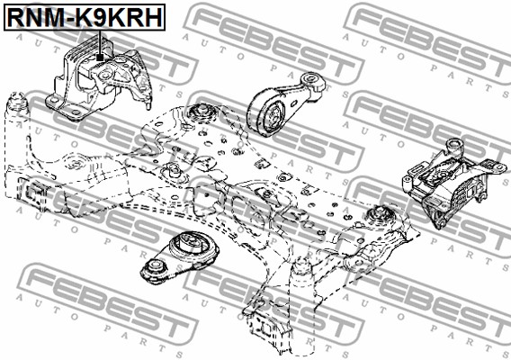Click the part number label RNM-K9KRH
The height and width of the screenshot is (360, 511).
point(85,17)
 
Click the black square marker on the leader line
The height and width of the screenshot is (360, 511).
point(100,58)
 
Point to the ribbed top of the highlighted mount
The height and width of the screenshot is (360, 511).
point(87,49)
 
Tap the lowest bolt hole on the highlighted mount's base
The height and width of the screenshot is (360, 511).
point(76,112)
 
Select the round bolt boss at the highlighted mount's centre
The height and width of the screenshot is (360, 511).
point(104,76)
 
